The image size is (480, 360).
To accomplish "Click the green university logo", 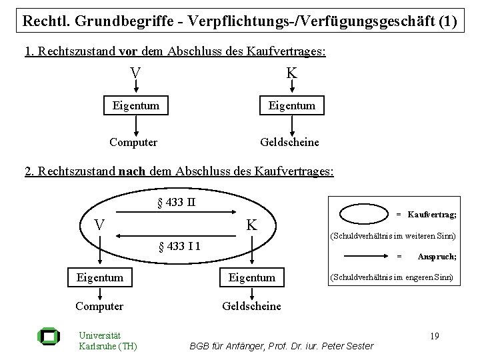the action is tap(49, 337).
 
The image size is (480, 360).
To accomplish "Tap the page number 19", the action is tap(435, 336).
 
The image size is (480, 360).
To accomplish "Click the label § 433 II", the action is tap(177, 203).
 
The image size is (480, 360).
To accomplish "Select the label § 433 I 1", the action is tap(180, 247).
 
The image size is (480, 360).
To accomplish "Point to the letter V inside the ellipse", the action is tap(99, 225).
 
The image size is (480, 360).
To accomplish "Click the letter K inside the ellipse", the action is tap(251, 225).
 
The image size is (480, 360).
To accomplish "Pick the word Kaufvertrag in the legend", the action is tap(432, 214).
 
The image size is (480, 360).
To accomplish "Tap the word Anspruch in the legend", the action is tap(437, 257).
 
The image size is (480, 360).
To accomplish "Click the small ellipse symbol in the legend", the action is tap(364, 214).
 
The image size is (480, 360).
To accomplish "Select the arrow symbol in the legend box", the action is tap(366, 256).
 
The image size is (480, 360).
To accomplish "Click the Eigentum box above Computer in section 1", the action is tap(136, 105).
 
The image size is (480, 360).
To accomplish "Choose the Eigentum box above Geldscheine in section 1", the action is tap(292, 105).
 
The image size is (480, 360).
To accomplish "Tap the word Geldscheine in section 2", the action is tap(251, 306).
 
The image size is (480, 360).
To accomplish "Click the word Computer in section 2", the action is tap(99, 307).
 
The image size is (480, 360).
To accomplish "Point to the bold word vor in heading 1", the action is tap(128, 51).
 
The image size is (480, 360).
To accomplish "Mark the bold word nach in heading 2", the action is tap(132, 171).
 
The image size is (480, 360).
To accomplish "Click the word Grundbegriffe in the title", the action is tap(124, 21).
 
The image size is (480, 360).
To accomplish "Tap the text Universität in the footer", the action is tap(100, 335).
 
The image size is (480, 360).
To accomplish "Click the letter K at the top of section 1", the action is tap(291, 73).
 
